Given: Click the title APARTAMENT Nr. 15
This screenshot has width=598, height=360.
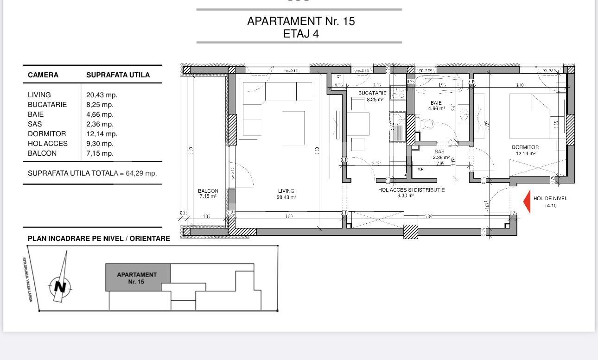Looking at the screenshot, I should click(301, 21).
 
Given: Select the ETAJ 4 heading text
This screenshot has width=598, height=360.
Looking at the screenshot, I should click(301, 34).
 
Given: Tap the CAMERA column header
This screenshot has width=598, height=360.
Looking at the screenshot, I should click(43, 75).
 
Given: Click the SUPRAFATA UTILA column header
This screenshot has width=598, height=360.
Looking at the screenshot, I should click(118, 75).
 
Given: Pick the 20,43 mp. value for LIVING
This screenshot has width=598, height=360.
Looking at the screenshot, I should click(102, 95).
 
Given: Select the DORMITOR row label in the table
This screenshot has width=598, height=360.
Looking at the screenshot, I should click(46, 134).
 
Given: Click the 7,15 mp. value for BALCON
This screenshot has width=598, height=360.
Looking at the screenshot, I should click(100, 153).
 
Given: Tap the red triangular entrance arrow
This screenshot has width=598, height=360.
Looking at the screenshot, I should click(527, 202).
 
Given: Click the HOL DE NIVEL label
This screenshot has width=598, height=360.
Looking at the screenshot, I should click(550, 198).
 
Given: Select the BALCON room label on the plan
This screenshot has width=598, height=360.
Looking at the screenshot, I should click(208, 193).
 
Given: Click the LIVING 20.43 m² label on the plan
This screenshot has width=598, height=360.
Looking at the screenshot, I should click(286, 194).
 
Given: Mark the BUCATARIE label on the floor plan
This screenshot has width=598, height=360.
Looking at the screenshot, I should click(372, 96).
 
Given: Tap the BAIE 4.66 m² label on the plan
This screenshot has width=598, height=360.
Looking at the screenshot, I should click(436, 106).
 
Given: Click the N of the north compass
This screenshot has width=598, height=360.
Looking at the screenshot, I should click(60, 287).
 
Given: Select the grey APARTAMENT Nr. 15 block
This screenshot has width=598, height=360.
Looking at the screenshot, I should click(137, 278).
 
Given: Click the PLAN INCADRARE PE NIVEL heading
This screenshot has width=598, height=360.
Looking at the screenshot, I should click(99, 239).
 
